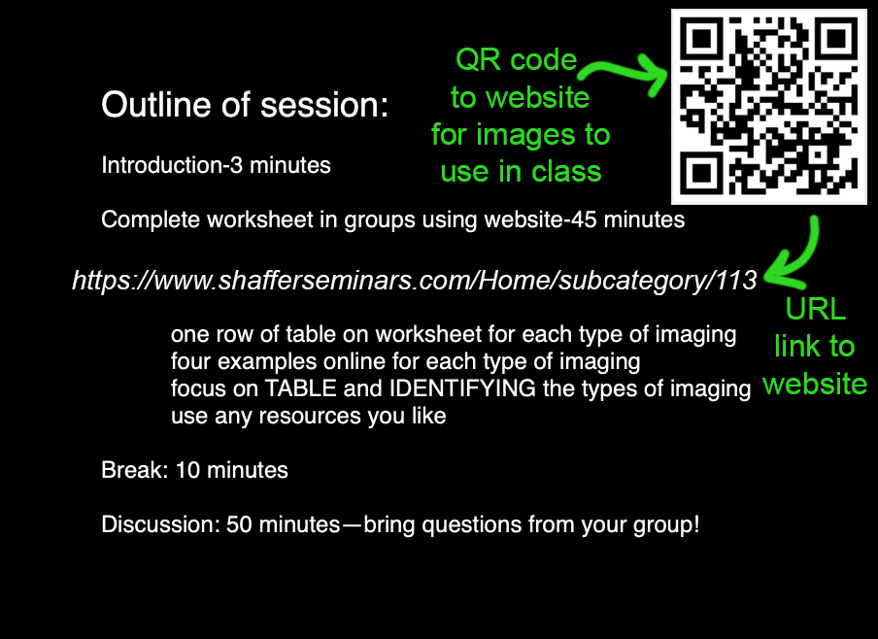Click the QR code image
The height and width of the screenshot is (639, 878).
point(769,107)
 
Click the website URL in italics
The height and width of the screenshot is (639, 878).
point(415,280)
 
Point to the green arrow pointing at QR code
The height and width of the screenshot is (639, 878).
point(623,71)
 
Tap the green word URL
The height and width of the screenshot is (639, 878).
point(815,309)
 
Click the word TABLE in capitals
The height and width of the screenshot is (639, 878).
point(300,388)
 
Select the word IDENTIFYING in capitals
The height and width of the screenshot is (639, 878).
point(462,388)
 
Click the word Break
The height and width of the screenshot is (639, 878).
point(134,470)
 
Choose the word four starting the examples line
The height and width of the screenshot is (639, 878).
point(191,361)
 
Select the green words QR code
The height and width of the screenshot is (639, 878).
point(517,59)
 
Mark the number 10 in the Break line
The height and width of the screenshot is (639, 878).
point(187,470)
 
